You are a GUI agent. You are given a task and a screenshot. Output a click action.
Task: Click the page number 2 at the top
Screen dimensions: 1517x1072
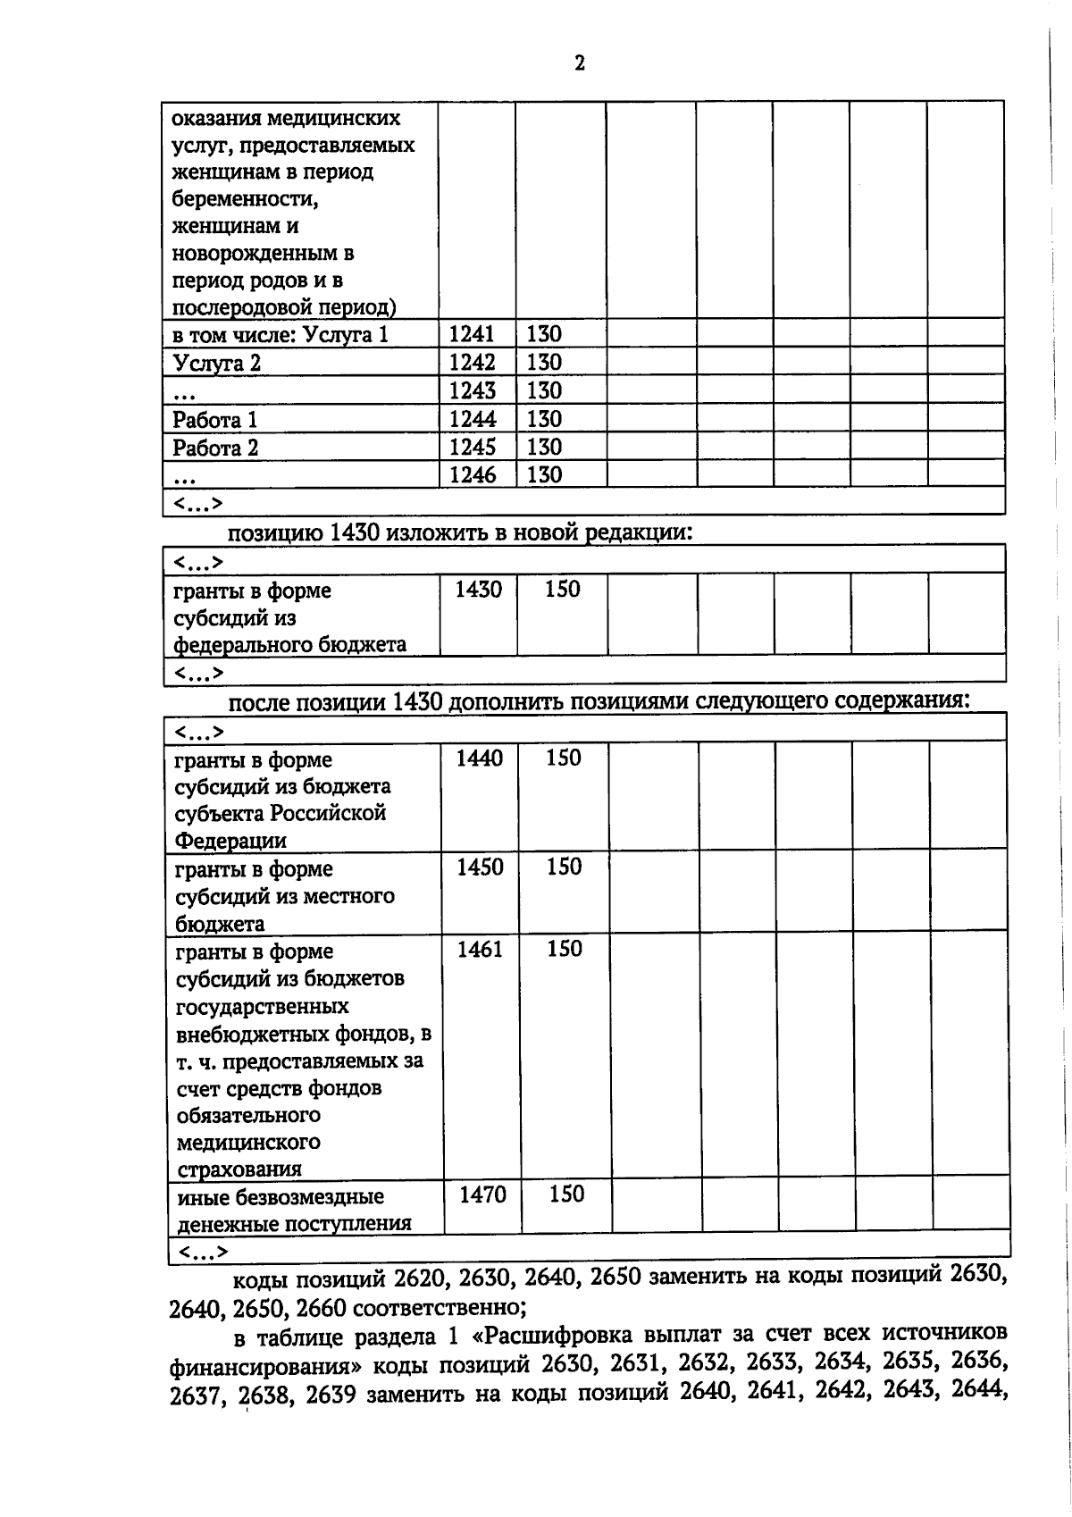[580, 63]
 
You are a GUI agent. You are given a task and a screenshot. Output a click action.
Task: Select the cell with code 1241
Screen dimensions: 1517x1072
[472, 334]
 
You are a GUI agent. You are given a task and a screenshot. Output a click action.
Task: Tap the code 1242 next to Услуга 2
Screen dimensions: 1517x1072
[472, 363]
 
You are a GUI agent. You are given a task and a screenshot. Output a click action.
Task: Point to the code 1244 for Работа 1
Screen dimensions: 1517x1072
[472, 419]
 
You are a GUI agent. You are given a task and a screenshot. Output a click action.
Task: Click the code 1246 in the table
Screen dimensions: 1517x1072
[472, 474]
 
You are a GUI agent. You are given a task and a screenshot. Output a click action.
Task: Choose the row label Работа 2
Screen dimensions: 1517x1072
[215, 448]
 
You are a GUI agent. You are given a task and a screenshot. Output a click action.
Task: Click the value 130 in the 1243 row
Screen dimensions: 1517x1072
[544, 390]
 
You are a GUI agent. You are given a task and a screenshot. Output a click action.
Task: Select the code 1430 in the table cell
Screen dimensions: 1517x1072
[478, 590]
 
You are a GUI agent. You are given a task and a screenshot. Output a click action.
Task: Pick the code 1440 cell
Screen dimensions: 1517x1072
[480, 758]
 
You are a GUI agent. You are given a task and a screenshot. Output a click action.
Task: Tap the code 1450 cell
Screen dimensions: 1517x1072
[480, 867]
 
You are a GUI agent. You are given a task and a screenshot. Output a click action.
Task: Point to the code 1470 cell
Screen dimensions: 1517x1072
[482, 1194]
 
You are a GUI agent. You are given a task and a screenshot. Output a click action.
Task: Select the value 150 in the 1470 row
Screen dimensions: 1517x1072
[565, 1194]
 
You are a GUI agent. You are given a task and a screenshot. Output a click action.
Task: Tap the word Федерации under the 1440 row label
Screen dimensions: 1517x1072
[230, 841]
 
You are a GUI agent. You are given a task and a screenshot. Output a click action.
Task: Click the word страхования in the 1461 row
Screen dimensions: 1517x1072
[239, 1169]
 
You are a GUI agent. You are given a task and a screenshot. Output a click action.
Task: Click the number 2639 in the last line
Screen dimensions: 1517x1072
[331, 1395]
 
